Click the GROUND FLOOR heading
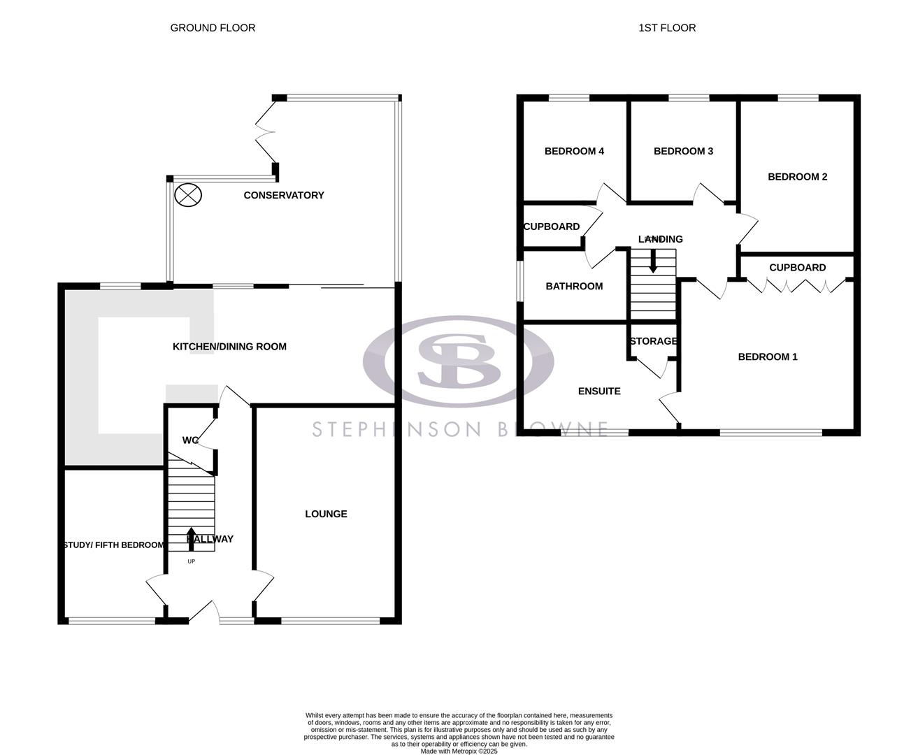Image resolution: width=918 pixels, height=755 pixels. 213,28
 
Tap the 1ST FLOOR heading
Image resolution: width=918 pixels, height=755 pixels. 667,28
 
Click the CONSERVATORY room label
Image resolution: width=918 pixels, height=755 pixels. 284,195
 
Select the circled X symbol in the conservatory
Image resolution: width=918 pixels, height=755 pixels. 187,194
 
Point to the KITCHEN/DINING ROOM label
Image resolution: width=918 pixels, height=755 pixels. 229,346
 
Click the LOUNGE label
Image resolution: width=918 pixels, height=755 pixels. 326,514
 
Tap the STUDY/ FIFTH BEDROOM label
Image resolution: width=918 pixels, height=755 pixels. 114,545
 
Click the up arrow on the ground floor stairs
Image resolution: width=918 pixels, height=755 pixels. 192,539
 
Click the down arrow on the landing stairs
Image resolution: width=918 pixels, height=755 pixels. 653,263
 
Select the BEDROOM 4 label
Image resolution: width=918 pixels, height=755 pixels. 574,151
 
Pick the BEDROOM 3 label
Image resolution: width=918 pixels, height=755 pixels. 683,151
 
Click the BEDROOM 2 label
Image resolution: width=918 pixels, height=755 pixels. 797,177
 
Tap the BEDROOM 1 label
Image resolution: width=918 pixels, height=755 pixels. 768,357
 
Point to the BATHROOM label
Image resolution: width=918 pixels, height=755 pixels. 574,286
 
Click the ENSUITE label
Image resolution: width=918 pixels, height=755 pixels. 599,391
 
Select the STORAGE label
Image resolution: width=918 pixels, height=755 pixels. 653,341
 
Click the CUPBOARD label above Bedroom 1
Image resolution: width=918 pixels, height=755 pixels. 797,268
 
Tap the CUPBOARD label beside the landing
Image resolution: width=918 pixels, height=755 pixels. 552,226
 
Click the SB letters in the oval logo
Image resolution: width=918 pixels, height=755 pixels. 458,361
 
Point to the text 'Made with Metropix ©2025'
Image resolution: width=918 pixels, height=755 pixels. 459,752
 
